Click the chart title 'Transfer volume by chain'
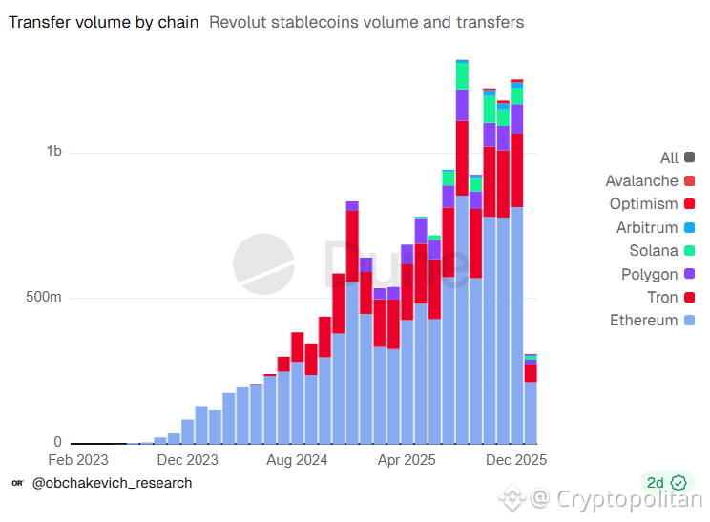[104, 22]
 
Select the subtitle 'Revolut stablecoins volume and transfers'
[366, 22]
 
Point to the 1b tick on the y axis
[52, 152]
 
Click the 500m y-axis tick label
[43, 298]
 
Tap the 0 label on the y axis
[57, 443]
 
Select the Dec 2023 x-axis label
[189, 460]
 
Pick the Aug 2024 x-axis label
[297, 460]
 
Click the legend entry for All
[669, 158]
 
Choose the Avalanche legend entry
[642, 181]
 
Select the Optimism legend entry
[644, 204]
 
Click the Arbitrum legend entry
[647, 228]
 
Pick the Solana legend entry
[654, 251]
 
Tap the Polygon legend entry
[651, 274]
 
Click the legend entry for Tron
[662, 298]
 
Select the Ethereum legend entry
[644, 321]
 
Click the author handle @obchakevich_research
[112, 483]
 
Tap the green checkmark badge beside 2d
[679, 483]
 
